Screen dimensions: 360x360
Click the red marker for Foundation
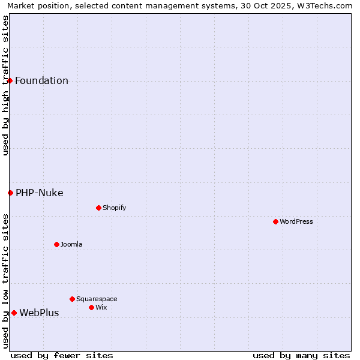[10, 80]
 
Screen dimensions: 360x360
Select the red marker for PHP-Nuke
[10, 193]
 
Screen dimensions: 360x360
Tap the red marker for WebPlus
[14, 313]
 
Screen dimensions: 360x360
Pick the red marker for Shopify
[98, 208]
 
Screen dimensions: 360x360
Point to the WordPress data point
[275, 221]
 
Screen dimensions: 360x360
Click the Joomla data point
[56, 244]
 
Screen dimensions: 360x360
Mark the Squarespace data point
[72, 299]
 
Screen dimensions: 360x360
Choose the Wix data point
[91, 307]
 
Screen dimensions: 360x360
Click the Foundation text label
[41, 81]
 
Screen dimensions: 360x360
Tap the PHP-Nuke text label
[40, 193]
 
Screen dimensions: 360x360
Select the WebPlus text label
[39, 313]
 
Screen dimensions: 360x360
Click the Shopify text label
[114, 208]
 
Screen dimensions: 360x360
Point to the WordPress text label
[296, 222]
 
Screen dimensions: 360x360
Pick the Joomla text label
[71, 245]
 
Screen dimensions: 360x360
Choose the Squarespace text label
[97, 299]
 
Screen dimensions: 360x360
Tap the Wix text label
[101, 308]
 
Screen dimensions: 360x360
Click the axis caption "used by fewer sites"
[62, 355]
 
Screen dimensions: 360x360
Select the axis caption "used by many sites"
[301, 355]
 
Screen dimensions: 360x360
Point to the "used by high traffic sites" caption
[6, 85]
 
